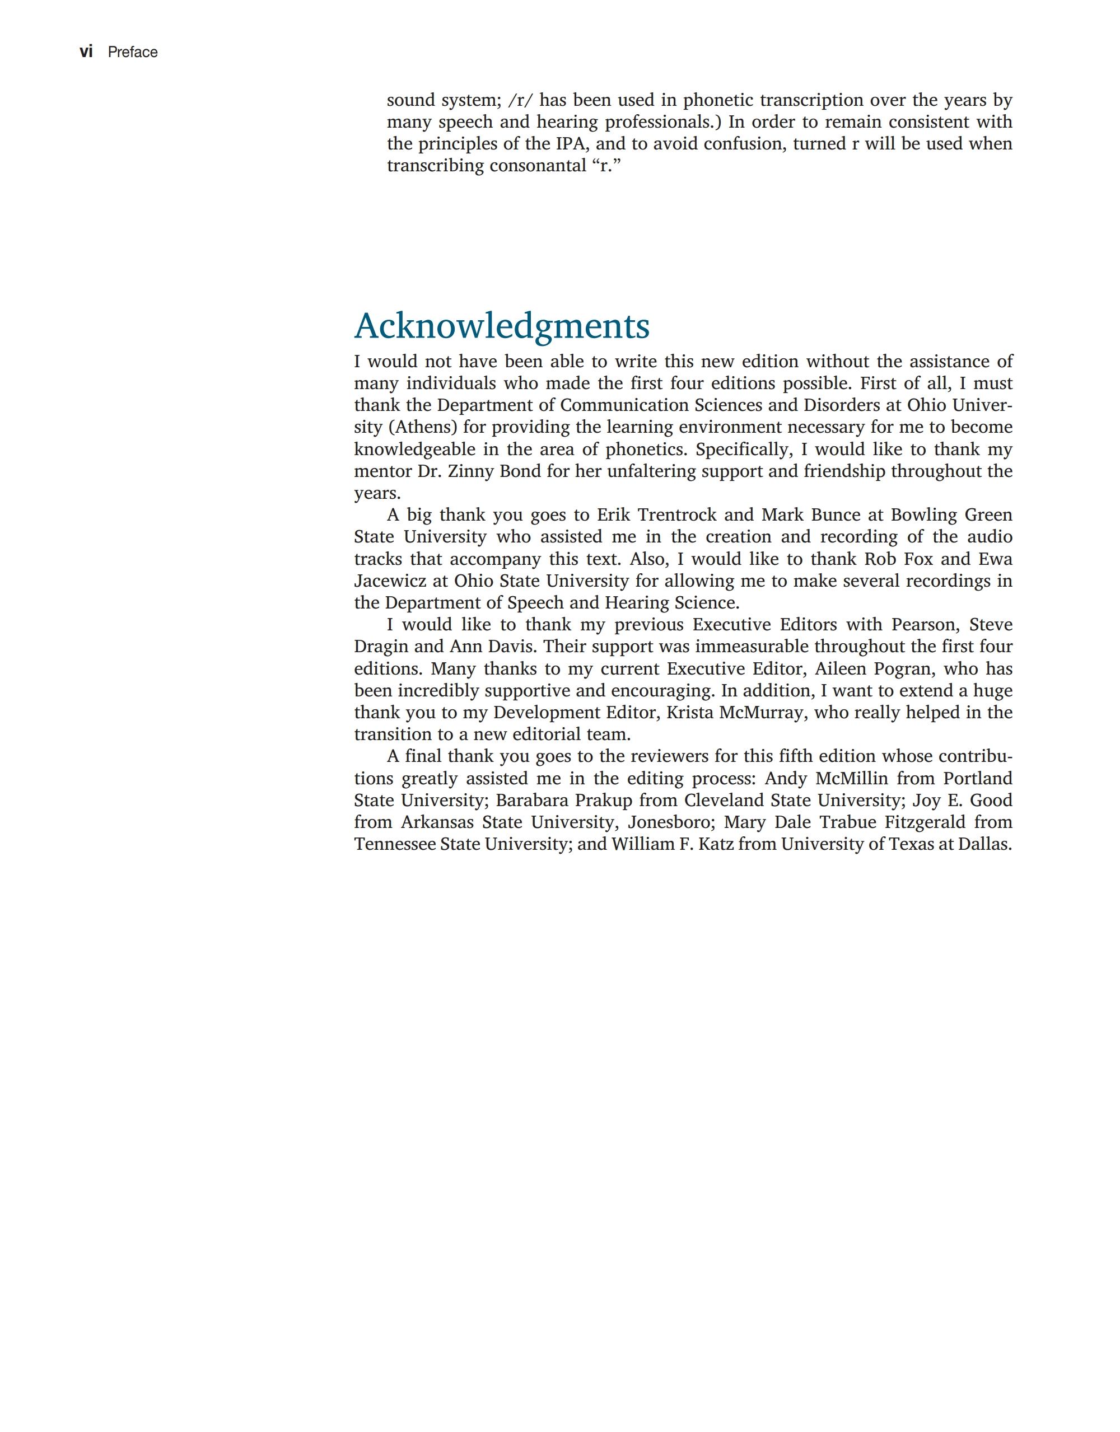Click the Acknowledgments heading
pos(502,326)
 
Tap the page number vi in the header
pos(86,52)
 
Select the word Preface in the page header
pos(133,53)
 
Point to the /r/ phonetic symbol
pos(521,100)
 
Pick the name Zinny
pos(471,471)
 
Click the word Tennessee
pos(394,845)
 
